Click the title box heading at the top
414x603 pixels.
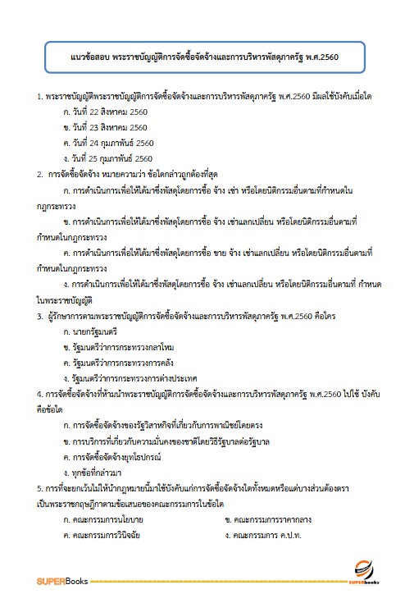pos(207,59)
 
